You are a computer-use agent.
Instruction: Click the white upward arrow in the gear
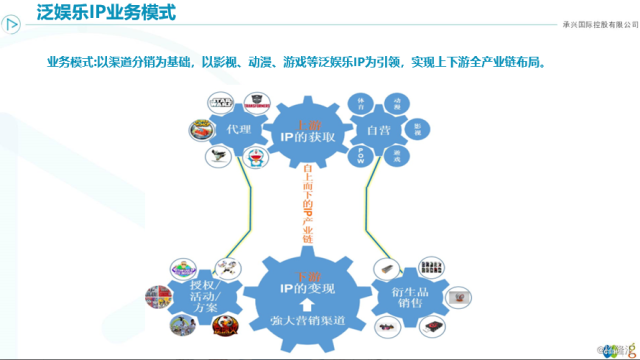(x=303, y=305)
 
